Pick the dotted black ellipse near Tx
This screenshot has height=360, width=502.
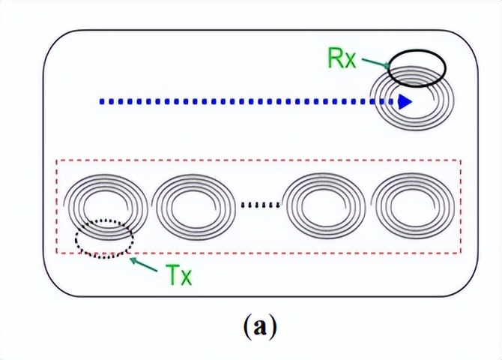tap(105, 239)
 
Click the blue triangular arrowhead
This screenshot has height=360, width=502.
tap(405, 102)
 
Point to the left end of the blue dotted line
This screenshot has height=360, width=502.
tap(102, 102)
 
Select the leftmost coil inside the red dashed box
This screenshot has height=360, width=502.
tap(103, 207)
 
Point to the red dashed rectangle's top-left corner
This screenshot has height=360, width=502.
tap(58, 160)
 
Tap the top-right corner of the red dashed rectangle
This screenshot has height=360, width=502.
tap(461, 160)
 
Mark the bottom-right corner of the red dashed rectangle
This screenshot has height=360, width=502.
tap(461, 253)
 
